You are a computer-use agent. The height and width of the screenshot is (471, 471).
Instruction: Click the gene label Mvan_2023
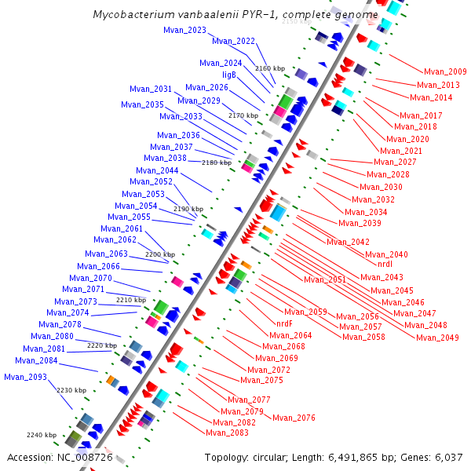pos(184,31)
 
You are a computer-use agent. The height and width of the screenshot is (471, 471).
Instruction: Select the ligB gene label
pos(229,75)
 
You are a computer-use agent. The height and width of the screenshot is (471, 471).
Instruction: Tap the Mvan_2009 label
pos(445,72)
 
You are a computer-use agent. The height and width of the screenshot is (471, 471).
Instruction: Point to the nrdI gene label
pos(385,265)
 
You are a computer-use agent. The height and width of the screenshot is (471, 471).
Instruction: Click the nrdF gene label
pos(284,323)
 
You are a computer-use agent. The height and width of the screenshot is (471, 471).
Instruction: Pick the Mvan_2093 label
pos(25,377)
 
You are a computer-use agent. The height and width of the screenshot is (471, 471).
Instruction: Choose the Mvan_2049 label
pos(437,338)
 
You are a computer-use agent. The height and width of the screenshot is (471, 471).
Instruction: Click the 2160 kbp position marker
pos(268,69)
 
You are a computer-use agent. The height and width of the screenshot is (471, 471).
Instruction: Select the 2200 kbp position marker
pos(159,254)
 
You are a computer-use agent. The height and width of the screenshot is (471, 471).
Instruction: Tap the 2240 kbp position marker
pos(41,435)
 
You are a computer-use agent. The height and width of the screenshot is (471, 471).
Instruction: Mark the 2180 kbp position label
pos(216,162)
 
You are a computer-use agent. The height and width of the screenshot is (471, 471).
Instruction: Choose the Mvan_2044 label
pos(157,170)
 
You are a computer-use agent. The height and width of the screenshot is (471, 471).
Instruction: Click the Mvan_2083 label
pos(227,433)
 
